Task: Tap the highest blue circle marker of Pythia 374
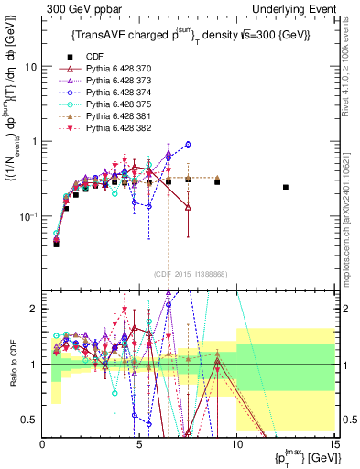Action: point(188,144)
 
